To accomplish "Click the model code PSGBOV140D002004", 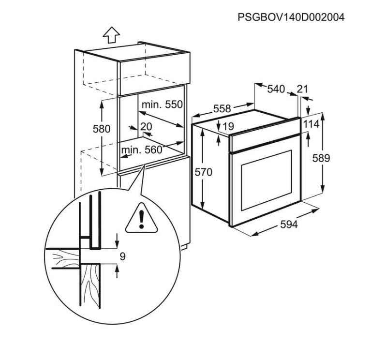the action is [x=291, y=17].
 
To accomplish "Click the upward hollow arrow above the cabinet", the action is [x=111, y=35].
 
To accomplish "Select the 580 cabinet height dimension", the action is [x=102, y=129].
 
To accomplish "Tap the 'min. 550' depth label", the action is [x=163, y=105].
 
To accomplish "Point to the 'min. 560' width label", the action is [x=142, y=150].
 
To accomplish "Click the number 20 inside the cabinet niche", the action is [x=146, y=126].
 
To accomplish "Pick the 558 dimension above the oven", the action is [x=222, y=108].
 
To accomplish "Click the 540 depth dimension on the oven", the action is [x=276, y=89].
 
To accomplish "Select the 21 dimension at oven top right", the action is [x=302, y=89].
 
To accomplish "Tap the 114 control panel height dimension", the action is [x=311, y=124].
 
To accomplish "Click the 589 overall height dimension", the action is [x=321, y=158].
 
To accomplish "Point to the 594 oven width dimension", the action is [x=289, y=224].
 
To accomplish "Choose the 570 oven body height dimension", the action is [x=203, y=172].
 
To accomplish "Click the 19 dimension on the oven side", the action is [x=228, y=126].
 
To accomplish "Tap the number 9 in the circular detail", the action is [x=122, y=256].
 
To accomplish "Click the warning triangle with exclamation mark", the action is [x=141, y=218].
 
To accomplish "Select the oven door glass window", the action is [x=267, y=180].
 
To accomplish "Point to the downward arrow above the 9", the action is [x=117, y=240].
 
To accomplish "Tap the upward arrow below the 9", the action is [x=117, y=271].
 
